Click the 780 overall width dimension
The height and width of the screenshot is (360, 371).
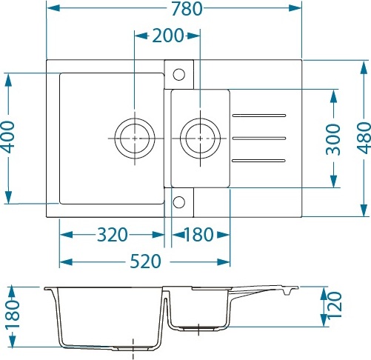[187, 9]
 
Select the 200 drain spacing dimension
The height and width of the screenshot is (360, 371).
[168, 36]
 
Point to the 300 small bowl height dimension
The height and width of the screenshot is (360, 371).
[333, 139]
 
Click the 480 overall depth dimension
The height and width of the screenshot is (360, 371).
[364, 138]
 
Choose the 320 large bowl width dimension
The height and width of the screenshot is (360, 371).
[113, 235]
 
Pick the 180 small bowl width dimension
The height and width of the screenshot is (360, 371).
[198, 235]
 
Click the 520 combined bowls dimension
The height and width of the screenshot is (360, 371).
[146, 261]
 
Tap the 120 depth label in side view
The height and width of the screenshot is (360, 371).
[335, 305]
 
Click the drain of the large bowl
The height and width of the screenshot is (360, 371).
[135, 139]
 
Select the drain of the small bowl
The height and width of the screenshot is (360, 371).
[200, 139]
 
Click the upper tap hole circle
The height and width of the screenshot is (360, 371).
[179, 74]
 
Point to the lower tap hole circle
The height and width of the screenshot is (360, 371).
[179, 202]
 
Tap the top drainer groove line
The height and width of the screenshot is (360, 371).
[259, 116]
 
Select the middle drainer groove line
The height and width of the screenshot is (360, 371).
[259, 139]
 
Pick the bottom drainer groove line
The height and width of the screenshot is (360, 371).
[258, 161]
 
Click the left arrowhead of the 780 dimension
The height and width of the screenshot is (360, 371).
[53, 8]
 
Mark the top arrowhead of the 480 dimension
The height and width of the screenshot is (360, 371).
[364, 67]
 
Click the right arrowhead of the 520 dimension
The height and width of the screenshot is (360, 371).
[224, 261]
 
